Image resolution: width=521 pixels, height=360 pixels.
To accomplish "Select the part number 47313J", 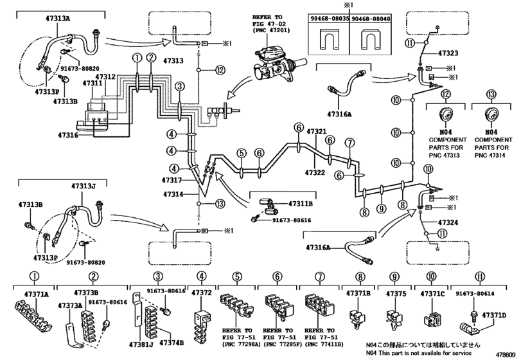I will (84, 186).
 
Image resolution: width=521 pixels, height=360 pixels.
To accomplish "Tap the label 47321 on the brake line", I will (317, 132).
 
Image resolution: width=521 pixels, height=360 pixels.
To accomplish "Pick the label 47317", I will (173, 181).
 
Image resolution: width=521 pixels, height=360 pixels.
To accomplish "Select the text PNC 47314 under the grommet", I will (491, 154).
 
